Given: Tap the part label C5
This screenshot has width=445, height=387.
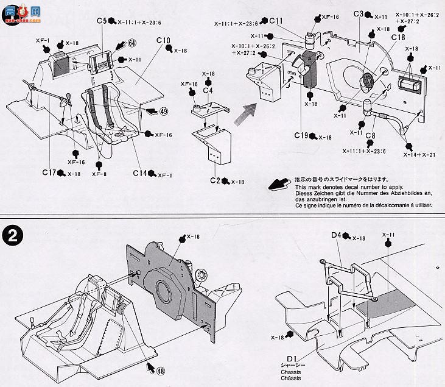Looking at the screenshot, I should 101,21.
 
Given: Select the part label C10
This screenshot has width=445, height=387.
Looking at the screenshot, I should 163,41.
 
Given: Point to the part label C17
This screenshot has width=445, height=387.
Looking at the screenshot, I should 50,173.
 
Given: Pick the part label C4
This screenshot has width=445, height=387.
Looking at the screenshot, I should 208,91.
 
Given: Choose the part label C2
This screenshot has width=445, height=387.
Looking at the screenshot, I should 215,181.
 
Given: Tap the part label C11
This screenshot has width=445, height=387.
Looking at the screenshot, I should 275,21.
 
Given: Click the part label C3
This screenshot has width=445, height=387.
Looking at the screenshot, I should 358,15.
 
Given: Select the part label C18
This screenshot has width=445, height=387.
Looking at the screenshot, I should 398,37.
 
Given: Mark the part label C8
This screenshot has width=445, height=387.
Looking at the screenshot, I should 370,137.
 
